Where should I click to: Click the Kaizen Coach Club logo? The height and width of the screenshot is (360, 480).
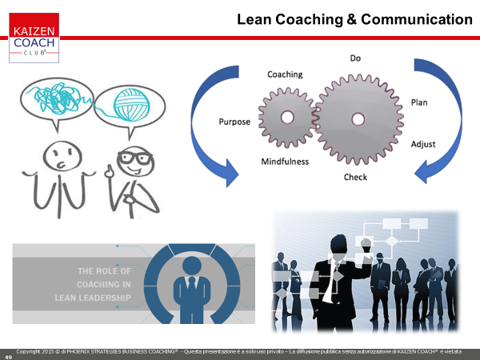point(34,38)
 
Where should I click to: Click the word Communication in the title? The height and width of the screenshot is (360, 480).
point(417,19)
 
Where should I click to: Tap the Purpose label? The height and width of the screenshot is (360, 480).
point(234,122)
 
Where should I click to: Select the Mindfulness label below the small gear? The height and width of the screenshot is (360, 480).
point(285,162)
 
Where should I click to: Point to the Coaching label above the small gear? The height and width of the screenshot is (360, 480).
point(285,74)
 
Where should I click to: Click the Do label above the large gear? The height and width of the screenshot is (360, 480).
point(355,58)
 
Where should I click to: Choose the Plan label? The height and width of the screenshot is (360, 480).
point(419,102)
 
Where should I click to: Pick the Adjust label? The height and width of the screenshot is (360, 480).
point(423,144)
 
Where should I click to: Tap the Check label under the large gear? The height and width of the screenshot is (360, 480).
point(355,177)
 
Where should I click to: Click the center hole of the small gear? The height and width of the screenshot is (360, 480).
point(287,118)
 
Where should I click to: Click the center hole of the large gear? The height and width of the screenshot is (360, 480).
point(358,119)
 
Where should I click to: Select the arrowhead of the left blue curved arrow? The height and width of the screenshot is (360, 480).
point(232,173)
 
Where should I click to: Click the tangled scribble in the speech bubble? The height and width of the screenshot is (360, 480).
point(58,98)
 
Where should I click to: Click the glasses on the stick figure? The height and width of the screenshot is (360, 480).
point(134,158)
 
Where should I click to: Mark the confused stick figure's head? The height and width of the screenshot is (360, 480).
point(62,157)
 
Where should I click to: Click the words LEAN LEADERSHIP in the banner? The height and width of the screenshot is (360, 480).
point(93,298)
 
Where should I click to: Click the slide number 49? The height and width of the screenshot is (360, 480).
point(8,357)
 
